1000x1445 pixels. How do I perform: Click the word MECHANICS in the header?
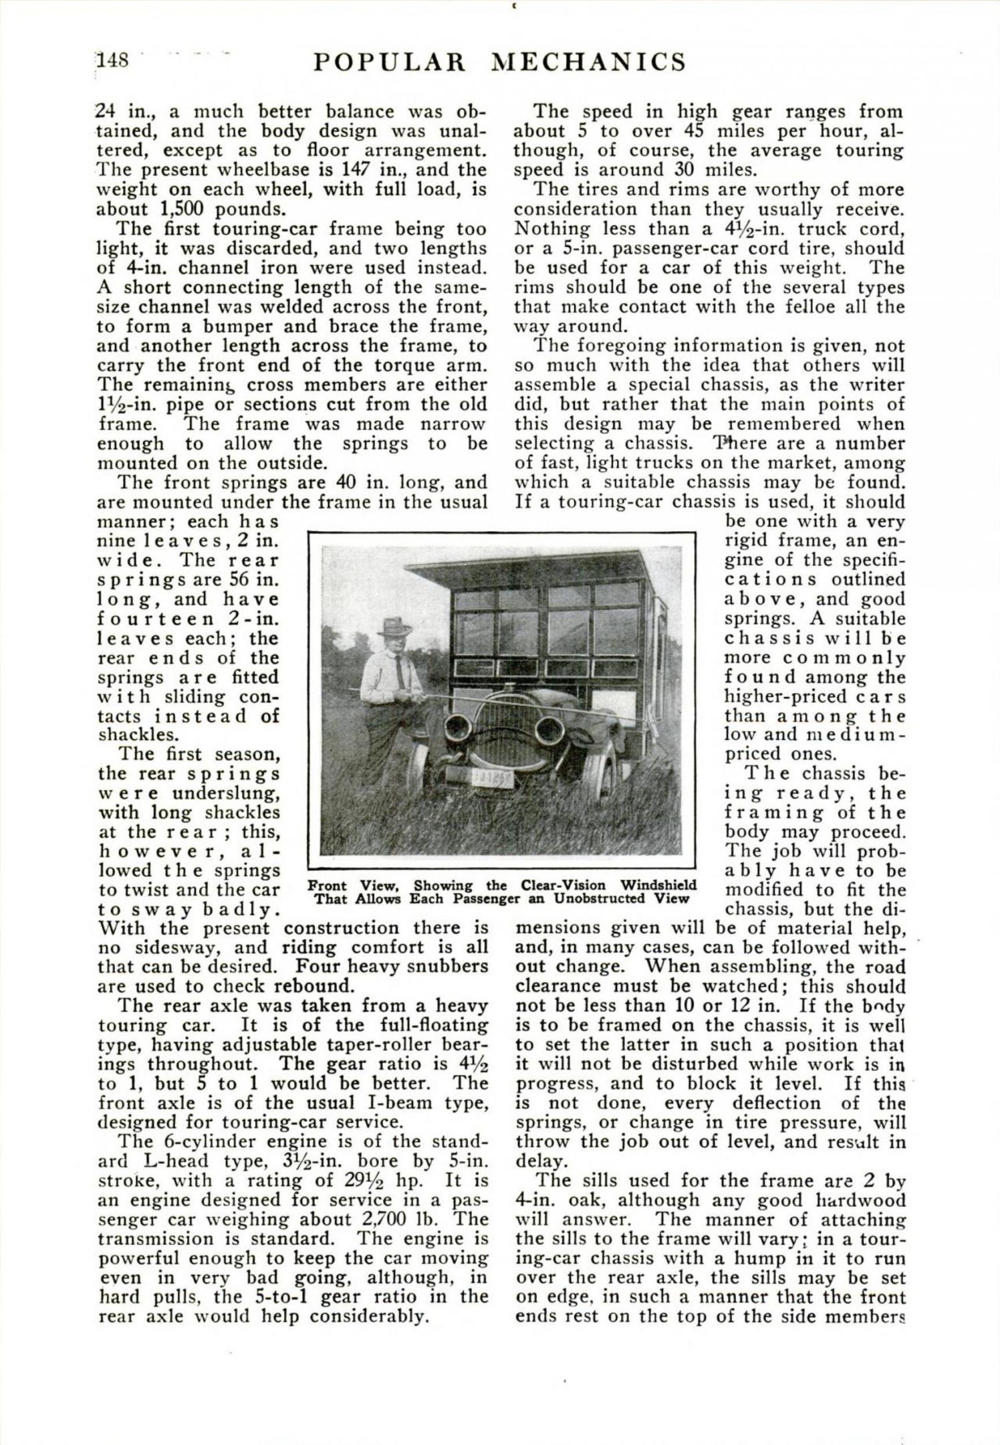588,62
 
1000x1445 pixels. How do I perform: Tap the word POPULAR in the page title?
389,62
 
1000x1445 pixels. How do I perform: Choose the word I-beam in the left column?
392,1102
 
